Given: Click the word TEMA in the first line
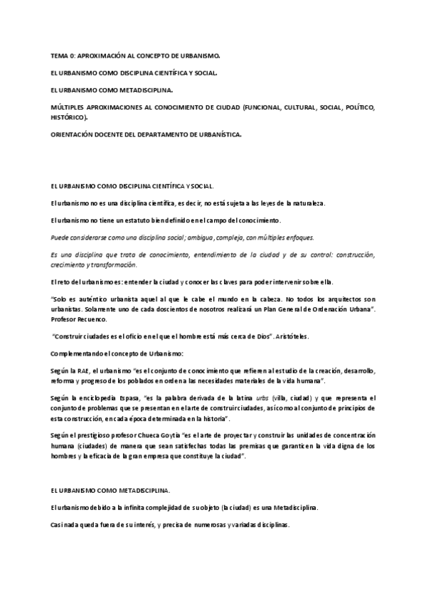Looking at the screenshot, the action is pos(59,55).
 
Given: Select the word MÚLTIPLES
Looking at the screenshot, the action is pos(68,107).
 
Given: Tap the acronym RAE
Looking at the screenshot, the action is pos(84,370).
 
